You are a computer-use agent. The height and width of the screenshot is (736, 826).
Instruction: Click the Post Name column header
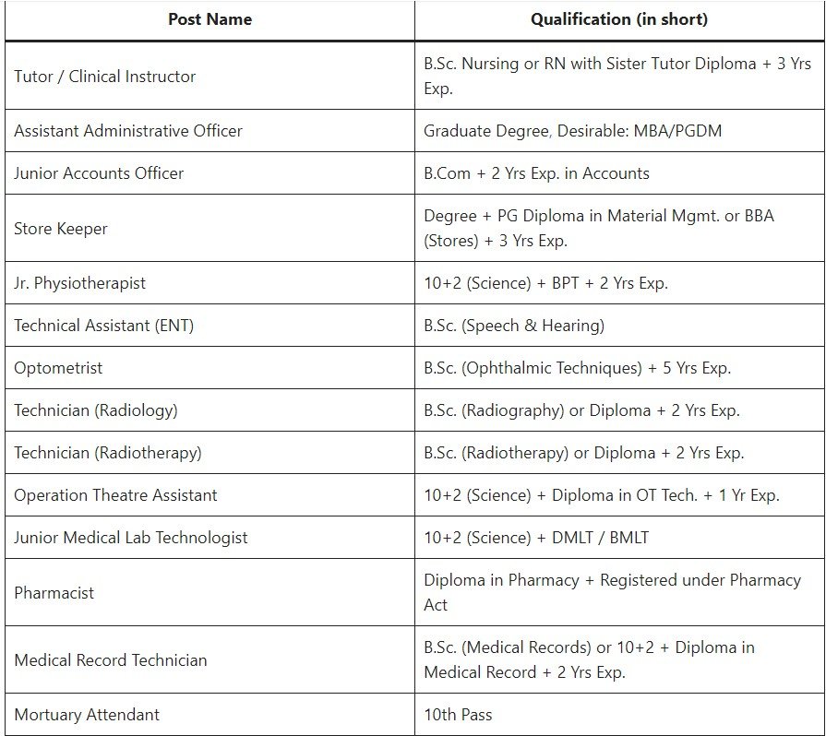[209, 19]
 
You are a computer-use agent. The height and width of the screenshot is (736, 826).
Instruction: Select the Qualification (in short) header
[619, 19]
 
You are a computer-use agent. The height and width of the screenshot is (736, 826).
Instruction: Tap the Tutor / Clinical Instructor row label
[104, 77]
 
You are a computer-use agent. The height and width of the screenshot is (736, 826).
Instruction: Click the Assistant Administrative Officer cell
[128, 131]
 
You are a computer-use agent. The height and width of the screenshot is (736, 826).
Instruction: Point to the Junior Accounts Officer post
[99, 173]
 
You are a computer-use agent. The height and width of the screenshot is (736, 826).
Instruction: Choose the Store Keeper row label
[61, 229]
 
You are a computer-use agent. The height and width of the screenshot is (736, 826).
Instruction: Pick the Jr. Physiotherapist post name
[79, 283]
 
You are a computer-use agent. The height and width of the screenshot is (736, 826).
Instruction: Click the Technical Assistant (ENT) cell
[103, 326]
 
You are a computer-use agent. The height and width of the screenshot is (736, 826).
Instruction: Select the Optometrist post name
[58, 368]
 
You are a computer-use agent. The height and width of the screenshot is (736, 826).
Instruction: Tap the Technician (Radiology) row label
[95, 410]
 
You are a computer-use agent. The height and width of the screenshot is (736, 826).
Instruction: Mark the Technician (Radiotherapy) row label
[107, 453]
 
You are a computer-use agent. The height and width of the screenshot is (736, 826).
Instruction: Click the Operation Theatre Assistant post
[115, 495]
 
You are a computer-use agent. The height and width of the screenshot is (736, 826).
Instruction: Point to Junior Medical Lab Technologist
[130, 538]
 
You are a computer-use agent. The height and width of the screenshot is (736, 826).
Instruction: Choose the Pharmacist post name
[54, 593]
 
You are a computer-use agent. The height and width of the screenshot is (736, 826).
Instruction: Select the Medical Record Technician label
[110, 660]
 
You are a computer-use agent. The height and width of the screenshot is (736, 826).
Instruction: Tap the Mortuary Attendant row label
[87, 715]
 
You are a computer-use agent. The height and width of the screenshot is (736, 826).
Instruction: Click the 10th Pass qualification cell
[458, 715]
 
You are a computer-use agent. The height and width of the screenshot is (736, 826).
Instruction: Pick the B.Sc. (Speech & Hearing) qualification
[514, 326]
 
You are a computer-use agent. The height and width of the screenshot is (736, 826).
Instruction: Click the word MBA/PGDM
[677, 131]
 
